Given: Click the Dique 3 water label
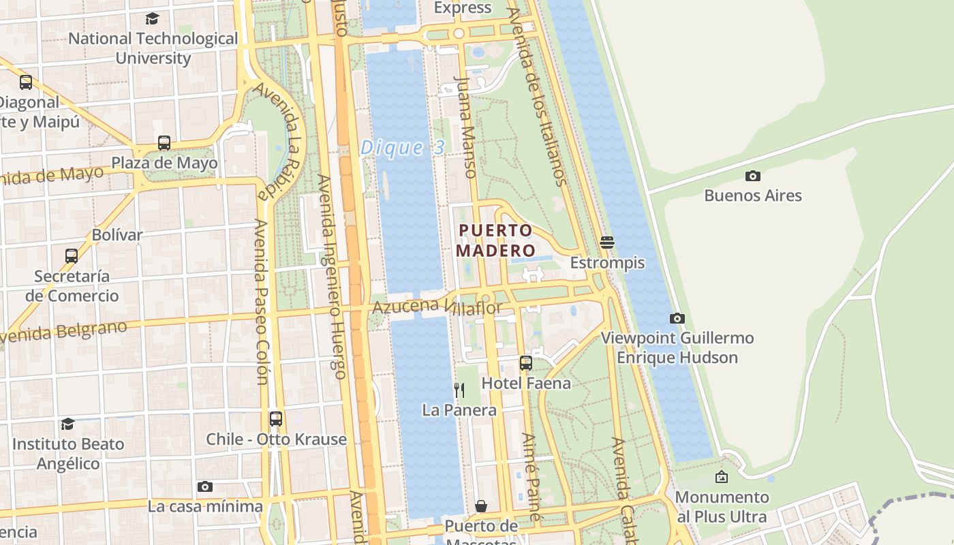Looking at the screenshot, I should click(402, 147).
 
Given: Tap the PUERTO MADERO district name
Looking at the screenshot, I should click(495, 240).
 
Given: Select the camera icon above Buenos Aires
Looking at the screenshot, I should click(752, 176).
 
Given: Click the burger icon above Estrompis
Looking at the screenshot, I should click(607, 242).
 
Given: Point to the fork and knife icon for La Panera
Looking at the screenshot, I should click(459, 390).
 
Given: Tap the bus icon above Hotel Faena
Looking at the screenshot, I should click(526, 362).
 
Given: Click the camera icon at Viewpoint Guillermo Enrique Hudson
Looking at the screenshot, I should click(677, 318).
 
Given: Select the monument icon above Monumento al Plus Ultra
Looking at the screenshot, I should click(722, 477).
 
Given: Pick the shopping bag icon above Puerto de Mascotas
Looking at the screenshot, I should click(481, 506).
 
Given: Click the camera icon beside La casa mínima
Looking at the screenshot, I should click(204, 486).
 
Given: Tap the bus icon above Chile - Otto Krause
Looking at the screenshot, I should click(276, 418).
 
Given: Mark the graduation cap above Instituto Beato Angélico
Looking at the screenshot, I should click(67, 424).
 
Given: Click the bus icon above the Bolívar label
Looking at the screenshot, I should click(72, 255).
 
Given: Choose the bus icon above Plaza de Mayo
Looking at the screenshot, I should click(164, 142).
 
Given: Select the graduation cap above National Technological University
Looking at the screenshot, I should click(153, 18).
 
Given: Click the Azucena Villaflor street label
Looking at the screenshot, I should click(437, 308).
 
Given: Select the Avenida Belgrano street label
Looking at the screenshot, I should click(65, 332).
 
